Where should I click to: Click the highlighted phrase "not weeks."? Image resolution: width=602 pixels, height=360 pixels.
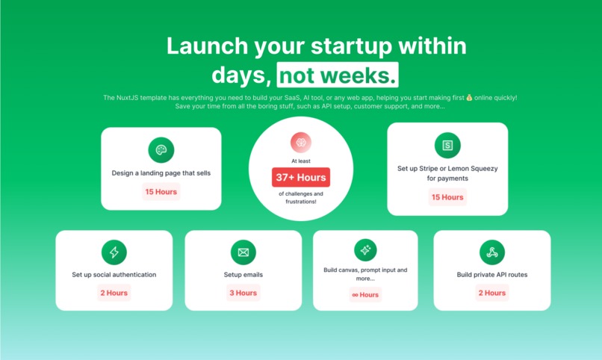pos(337,75)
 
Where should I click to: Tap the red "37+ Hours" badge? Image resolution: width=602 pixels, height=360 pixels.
pos(301,177)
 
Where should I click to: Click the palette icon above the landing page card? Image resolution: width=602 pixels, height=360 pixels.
pos(161,150)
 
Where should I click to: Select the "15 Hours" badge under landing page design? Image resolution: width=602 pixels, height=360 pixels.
pos(161,192)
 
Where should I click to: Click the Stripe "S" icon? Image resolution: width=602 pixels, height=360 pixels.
pos(447,145)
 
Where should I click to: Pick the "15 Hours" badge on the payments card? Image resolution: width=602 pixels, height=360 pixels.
pos(447,197)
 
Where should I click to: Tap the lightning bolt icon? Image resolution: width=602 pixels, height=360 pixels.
pos(114,252)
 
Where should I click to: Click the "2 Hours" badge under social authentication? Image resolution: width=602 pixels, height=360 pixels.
pos(114,293)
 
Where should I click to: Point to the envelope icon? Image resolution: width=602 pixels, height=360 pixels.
pos(243,252)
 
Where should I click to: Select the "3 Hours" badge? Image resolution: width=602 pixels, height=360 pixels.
pos(243,293)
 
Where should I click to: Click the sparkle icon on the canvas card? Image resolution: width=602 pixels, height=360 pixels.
pos(365,250)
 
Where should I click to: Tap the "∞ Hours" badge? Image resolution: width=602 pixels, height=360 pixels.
pos(365,294)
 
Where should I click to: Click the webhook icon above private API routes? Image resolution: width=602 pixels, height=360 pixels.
pos(492,252)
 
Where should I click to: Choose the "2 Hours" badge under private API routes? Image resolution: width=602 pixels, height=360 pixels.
pos(492,293)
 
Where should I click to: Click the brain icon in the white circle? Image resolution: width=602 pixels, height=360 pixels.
pos(301,143)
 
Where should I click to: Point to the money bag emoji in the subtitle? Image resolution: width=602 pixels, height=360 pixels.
pos(469,98)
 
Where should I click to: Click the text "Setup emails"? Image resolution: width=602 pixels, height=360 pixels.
pos(243,275)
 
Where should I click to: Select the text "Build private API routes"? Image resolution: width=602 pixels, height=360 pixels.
pos(492,275)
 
